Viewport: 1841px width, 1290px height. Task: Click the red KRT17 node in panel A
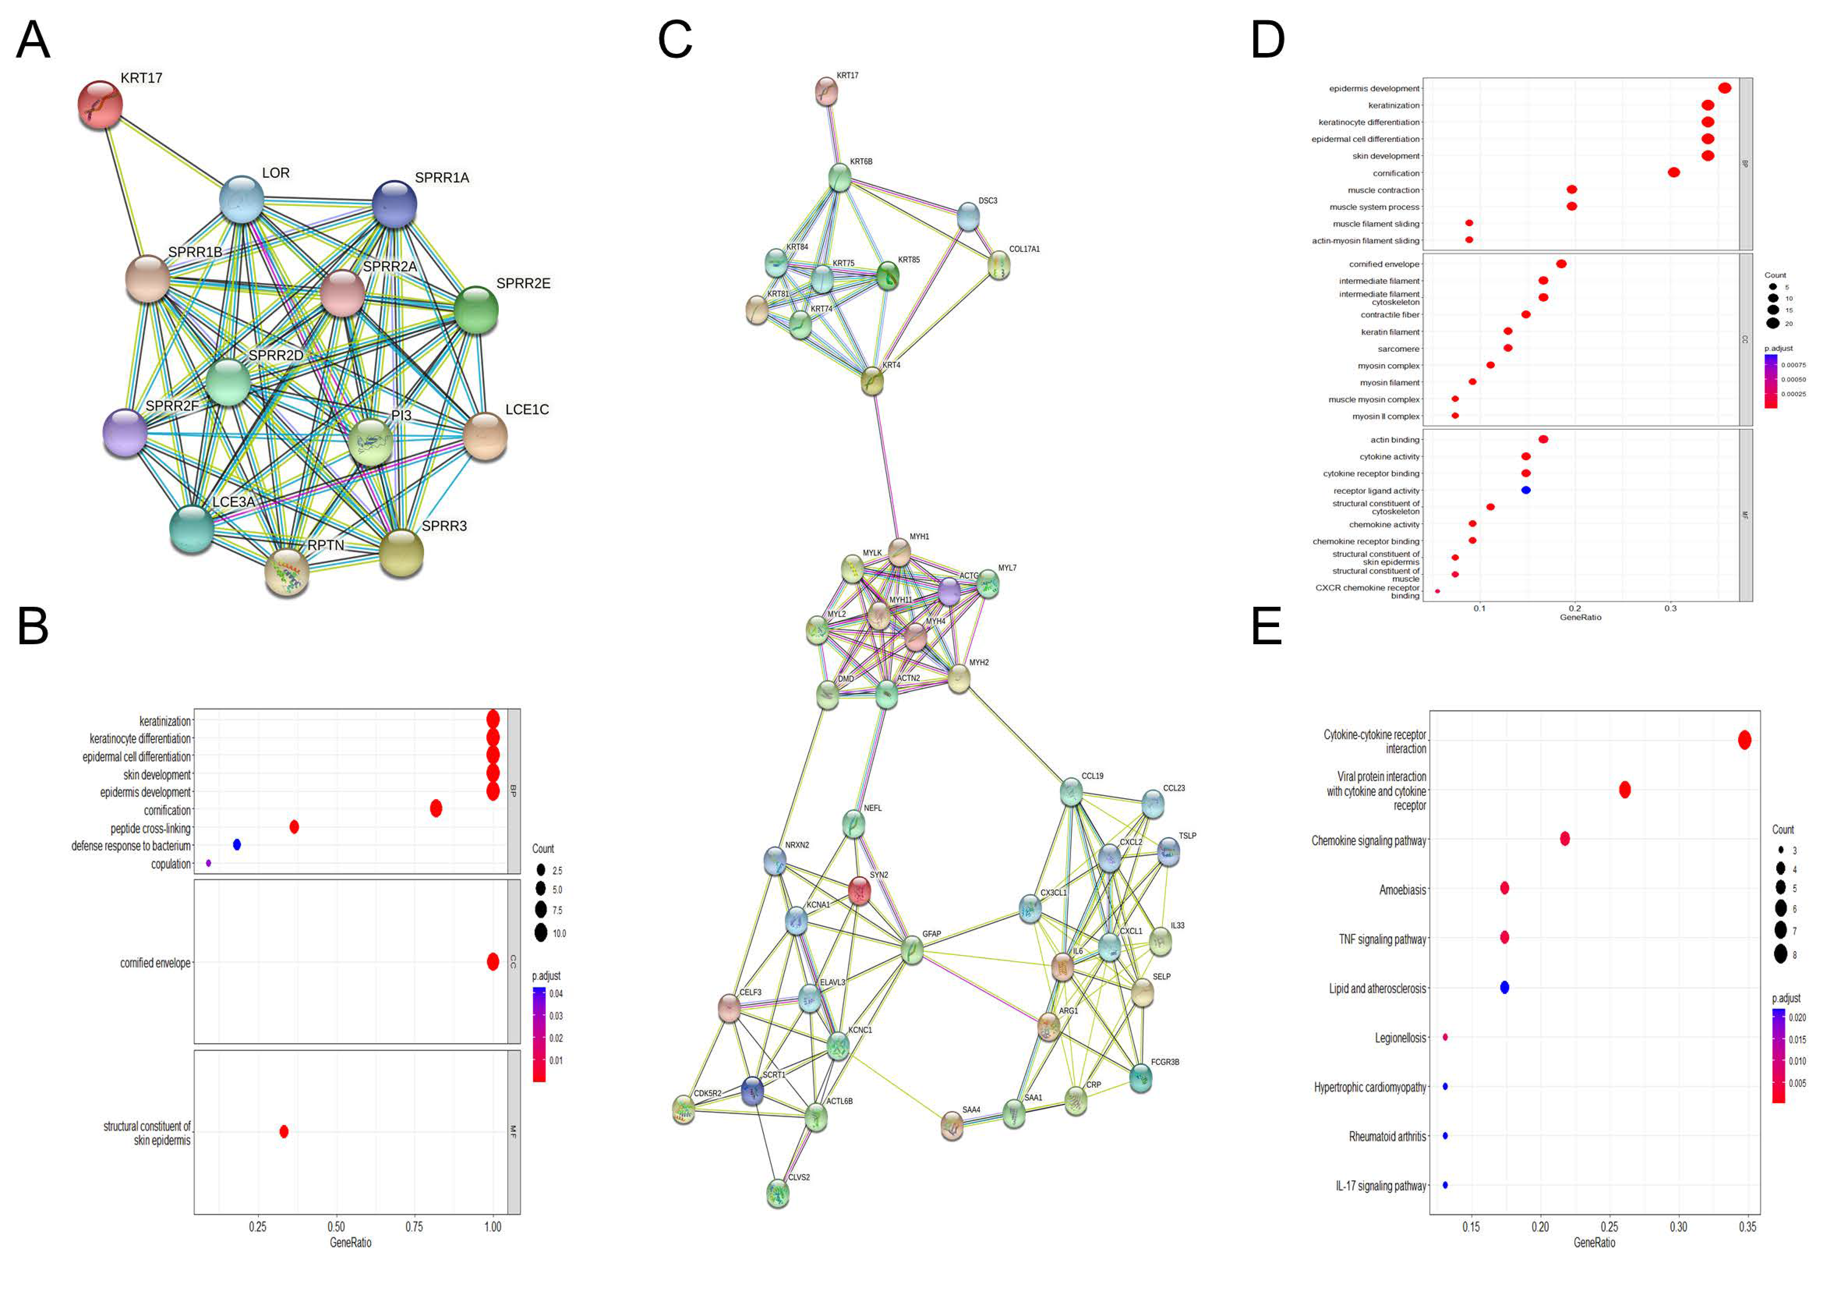click(x=99, y=104)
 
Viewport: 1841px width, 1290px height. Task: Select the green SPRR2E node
click(x=476, y=310)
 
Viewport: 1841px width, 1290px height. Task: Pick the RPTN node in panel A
click(x=287, y=572)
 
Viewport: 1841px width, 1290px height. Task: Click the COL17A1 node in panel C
click(x=998, y=266)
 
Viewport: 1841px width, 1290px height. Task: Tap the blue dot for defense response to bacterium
click(x=237, y=845)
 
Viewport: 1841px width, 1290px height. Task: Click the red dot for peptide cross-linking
click(x=294, y=827)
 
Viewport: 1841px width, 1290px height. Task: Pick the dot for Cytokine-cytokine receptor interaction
click(x=1744, y=740)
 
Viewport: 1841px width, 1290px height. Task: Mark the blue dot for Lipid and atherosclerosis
click(x=1504, y=987)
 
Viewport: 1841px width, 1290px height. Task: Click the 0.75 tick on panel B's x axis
click(x=414, y=1226)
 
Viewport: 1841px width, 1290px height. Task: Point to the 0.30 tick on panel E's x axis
click(x=1678, y=1226)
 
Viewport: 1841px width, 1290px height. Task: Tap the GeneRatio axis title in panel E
click(x=1594, y=1243)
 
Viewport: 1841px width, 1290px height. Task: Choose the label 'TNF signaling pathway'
click(x=1382, y=939)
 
